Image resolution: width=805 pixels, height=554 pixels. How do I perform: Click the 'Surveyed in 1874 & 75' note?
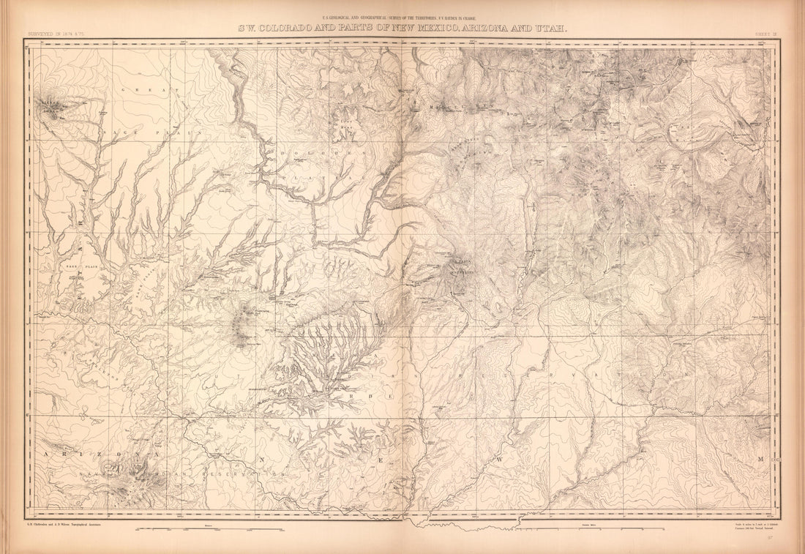pos(56,33)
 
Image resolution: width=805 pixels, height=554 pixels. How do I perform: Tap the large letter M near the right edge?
pos(761,459)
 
